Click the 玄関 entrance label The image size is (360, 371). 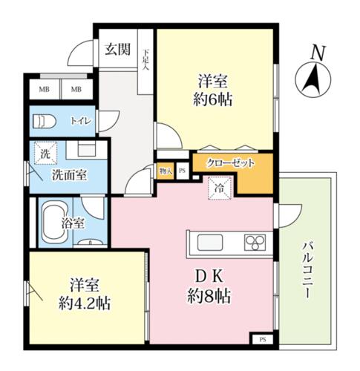(x=118, y=49)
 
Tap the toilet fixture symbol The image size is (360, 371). (x=45, y=121)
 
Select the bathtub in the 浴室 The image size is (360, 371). (x=54, y=223)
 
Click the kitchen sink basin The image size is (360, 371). (x=210, y=243)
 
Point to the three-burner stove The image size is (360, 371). (x=255, y=243)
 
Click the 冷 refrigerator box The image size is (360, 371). (x=219, y=188)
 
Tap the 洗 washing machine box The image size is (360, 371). (x=45, y=153)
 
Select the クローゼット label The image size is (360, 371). (x=231, y=162)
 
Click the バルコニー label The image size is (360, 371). (x=307, y=271)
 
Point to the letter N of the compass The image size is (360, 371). (x=318, y=53)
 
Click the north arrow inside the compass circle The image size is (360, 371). (x=312, y=79)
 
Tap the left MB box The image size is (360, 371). (x=45, y=89)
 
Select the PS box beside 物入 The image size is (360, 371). (x=183, y=171)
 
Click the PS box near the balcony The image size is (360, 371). (x=263, y=339)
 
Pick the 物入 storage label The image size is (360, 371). (x=166, y=171)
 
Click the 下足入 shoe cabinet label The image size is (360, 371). (x=145, y=60)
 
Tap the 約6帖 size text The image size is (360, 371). (x=212, y=100)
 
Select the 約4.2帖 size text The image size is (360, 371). (x=85, y=303)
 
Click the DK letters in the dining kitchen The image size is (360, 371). (x=209, y=277)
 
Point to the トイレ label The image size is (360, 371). (x=81, y=121)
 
